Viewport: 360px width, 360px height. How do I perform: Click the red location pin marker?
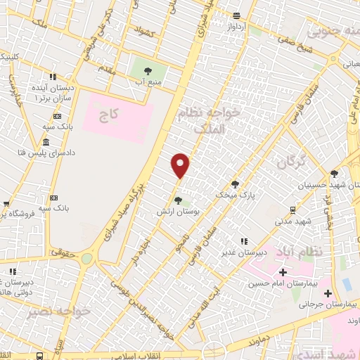[x=181, y=165]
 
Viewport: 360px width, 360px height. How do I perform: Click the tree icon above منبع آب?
[x=148, y=71]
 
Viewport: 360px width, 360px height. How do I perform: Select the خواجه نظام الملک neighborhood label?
[x=215, y=120]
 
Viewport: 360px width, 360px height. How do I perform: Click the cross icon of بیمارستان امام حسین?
[x=283, y=272]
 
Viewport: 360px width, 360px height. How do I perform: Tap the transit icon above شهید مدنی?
[x=292, y=210]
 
